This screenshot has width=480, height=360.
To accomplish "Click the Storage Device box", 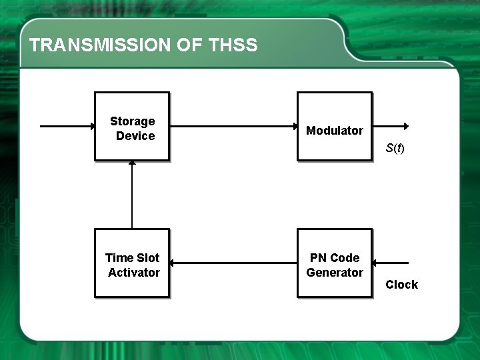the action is (132, 127).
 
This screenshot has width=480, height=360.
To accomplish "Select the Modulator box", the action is (334, 127).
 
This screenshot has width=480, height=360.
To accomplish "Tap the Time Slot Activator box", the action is (132, 263).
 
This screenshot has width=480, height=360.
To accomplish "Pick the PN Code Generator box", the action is (334, 263).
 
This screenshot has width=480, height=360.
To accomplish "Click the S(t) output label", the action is (395, 148).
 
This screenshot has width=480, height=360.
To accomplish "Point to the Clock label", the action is (402, 285).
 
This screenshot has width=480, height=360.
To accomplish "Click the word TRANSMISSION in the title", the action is (101, 45).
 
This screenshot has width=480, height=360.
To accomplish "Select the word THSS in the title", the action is (233, 45).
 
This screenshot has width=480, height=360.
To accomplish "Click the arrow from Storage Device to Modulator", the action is (233, 126).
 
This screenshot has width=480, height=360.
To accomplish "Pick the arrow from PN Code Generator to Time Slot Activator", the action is (233, 263).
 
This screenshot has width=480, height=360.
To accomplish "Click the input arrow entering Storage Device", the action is (67, 126).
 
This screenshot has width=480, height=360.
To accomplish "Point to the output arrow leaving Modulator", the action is (391, 126).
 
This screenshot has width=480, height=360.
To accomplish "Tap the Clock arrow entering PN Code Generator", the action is (390, 263).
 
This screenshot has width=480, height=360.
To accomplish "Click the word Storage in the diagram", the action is (132, 121).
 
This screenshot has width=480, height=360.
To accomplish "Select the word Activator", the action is (134, 273).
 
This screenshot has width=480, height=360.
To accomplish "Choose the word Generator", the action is (335, 273).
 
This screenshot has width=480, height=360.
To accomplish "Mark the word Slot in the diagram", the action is (148, 258).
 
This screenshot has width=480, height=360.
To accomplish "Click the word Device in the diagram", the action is (135, 136).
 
